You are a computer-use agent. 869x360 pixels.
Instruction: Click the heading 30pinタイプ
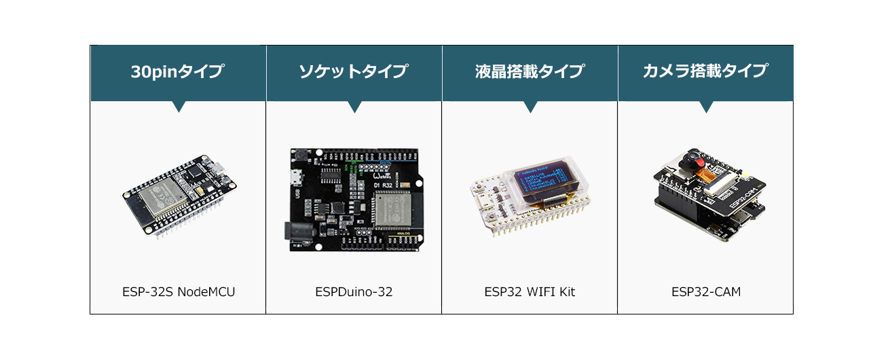[178, 71]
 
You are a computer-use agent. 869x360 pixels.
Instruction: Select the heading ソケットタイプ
[354, 71]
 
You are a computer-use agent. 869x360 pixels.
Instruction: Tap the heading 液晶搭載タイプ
[530, 71]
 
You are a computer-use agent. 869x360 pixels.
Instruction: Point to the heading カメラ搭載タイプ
[705, 71]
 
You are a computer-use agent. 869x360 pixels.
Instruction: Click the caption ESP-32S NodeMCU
[179, 292]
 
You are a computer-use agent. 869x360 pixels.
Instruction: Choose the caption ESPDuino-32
[354, 292]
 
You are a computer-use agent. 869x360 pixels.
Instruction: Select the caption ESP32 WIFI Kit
[530, 292]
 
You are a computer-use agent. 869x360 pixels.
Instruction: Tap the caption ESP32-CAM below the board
[705, 292]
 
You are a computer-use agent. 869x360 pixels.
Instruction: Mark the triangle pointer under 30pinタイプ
[179, 107]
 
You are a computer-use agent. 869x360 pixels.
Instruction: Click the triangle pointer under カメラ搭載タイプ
[706, 107]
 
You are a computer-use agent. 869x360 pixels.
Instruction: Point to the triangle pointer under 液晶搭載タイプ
[530, 107]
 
